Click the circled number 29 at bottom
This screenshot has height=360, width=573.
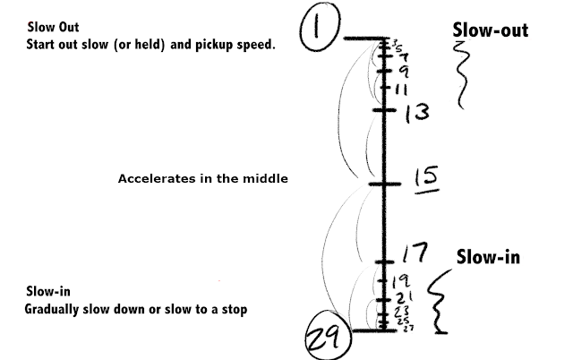coord(323,339)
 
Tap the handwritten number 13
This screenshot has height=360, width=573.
coord(416,113)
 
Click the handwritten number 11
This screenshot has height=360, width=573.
coord(402,90)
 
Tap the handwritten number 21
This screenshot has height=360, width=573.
coord(404,296)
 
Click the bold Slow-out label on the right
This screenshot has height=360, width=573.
coord(490,31)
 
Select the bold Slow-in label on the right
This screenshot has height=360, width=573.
coord(489,257)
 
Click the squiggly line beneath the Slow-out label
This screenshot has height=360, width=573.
coord(464,76)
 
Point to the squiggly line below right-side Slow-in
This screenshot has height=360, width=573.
coord(439,304)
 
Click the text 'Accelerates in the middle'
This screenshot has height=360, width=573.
coord(203,179)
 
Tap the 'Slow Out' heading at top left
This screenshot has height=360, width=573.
coord(47,28)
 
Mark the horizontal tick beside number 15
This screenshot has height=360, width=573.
coord(383,184)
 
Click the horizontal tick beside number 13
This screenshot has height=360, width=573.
coord(383,110)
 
